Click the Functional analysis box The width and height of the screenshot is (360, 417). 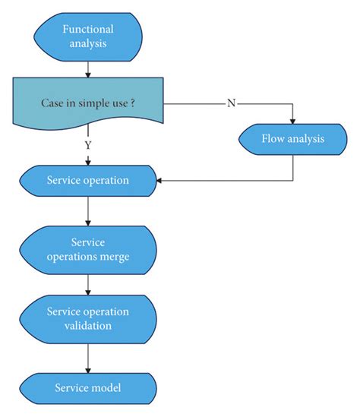89,36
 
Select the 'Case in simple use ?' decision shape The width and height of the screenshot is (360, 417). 89,104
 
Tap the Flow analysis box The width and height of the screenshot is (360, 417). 292,139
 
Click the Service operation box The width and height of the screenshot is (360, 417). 89,181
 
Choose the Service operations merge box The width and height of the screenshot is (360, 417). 89,249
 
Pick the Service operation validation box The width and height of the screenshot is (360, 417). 89,318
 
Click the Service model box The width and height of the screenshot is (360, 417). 89,387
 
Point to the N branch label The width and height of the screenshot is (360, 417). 232,103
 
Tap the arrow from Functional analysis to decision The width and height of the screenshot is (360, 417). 89,68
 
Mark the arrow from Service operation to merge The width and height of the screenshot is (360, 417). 89,211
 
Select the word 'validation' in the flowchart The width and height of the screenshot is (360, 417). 89,326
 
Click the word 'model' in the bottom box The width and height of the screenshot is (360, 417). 106,387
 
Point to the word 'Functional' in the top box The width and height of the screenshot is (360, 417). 89,29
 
